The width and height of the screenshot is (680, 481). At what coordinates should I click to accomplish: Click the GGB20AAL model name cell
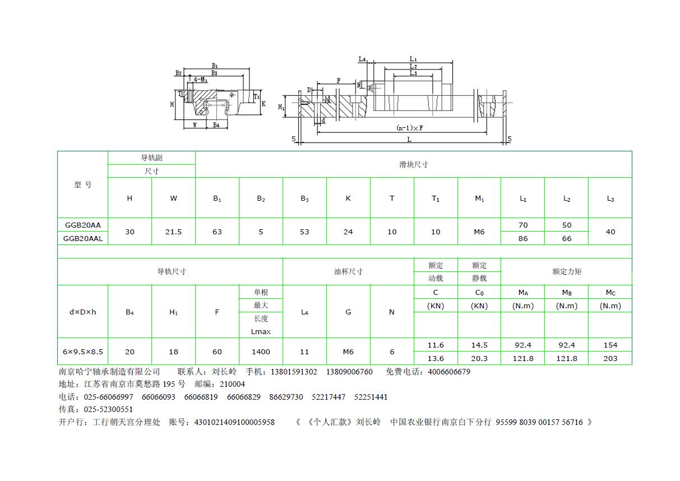tap(83, 239)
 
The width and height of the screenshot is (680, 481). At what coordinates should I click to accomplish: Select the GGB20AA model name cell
tap(83, 225)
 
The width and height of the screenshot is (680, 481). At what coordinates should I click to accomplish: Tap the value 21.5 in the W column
tap(173, 232)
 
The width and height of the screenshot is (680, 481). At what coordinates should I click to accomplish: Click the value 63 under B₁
tap(217, 232)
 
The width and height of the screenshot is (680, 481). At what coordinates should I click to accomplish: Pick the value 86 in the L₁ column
tap(522, 239)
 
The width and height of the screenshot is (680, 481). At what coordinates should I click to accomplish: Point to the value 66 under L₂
tap(566, 239)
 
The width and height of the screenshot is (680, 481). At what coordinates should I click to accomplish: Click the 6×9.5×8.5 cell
tap(83, 352)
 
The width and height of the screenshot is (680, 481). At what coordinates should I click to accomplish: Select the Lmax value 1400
tap(261, 352)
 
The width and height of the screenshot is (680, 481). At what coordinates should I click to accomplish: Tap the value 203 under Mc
tap(610, 359)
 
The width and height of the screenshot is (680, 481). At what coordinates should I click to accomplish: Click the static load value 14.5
tap(479, 345)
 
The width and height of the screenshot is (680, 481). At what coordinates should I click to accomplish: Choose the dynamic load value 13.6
tap(436, 359)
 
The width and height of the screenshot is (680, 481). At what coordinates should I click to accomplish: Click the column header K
tap(348, 198)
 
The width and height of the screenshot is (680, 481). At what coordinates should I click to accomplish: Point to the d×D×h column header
tap(82, 312)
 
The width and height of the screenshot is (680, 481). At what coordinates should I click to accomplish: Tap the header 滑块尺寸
tap(414, 165)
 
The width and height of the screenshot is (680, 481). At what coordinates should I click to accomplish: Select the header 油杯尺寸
tap(348, 271)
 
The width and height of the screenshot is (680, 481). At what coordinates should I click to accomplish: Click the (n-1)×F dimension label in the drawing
tap(410, 128)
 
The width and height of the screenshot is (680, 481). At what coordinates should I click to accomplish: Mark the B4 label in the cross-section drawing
tap(216, 125)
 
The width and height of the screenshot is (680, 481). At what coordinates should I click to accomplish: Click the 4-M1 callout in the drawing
tap(201, 80)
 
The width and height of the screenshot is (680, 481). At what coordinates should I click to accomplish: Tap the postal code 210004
tap(232, 385)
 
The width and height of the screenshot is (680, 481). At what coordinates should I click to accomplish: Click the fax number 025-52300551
tap(108, 410)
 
